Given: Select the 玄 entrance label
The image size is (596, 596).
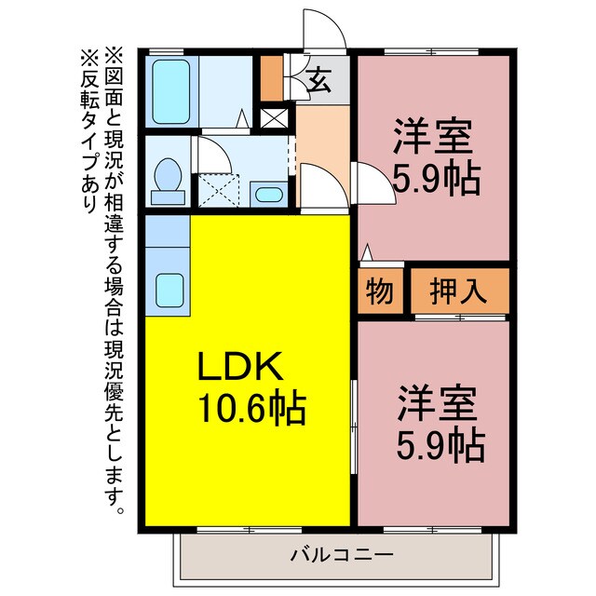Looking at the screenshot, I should click(318, 82).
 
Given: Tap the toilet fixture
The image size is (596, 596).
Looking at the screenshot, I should click(169, 177).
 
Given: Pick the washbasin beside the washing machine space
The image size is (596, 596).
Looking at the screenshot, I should click(269, 196).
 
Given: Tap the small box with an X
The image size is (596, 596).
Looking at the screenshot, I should click(275, 119).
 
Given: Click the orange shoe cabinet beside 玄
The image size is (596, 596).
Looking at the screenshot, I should click(271, 78).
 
